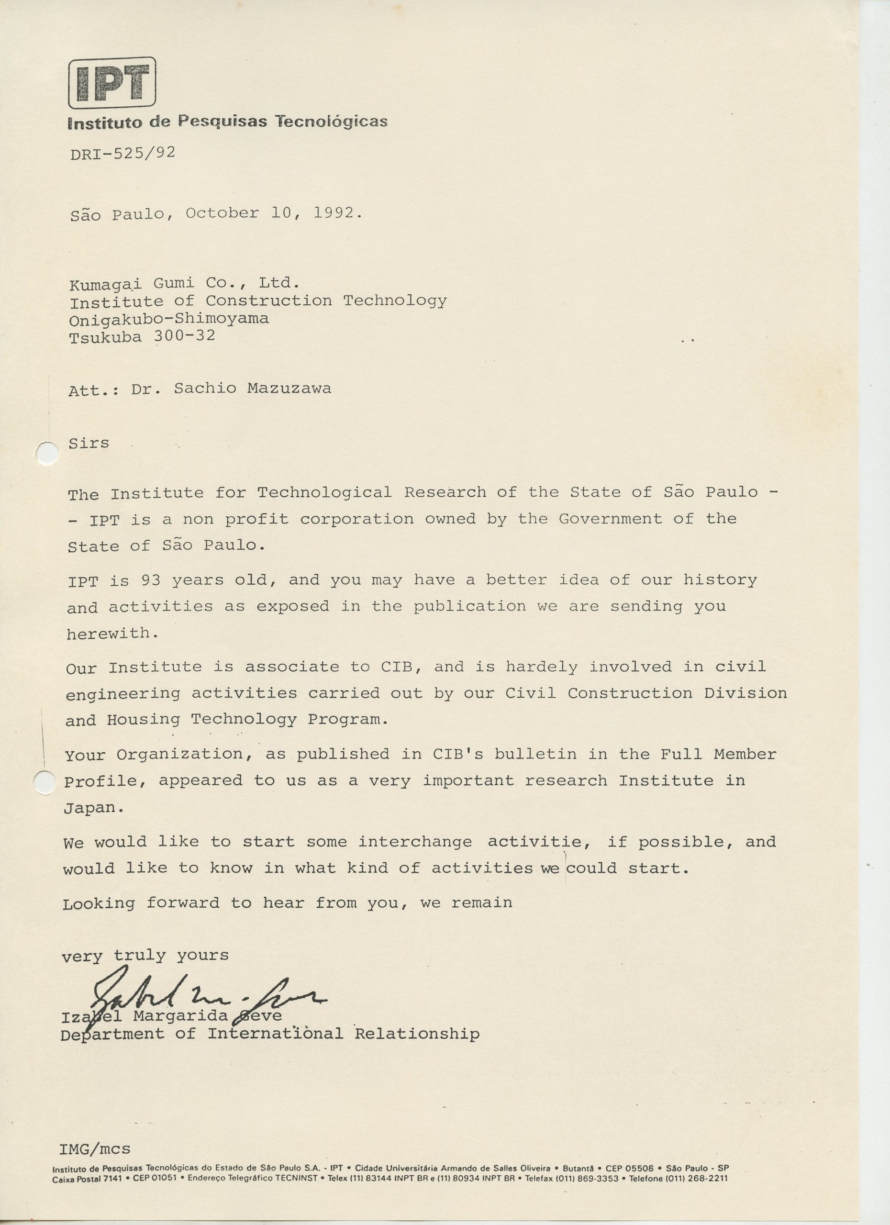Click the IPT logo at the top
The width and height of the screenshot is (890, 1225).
click(x=112, y=83)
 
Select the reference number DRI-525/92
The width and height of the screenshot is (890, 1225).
click(x=122, y=154)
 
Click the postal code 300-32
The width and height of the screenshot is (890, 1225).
click(x=185, y=336)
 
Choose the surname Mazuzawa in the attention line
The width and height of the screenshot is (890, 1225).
click(x=289, y=389)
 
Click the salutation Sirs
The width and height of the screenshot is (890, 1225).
click(x=89, y=444)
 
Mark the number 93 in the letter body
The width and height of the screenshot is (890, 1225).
click(x=151, y=580)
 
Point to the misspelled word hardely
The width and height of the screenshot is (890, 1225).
click(x=541, y=667)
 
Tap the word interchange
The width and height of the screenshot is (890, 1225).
click(x=415, y=842)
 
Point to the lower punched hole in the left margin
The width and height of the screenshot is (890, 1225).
click(x=45, y=781)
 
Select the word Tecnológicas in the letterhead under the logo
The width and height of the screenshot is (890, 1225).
click(x=331, y=121)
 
